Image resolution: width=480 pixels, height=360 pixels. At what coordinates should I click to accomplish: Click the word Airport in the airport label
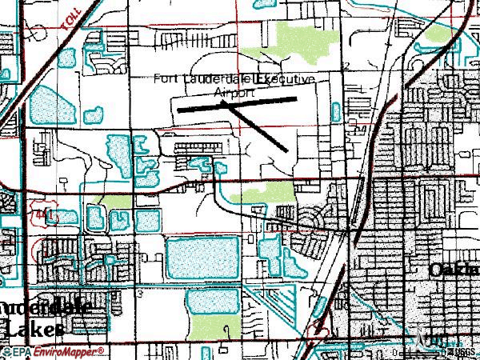coord(236,93)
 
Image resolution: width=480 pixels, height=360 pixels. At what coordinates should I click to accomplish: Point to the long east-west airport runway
coord(237,104)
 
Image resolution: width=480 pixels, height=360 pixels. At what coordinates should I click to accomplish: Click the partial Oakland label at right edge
coord(454,270)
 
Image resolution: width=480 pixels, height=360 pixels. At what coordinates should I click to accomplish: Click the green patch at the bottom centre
coord(226,328)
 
